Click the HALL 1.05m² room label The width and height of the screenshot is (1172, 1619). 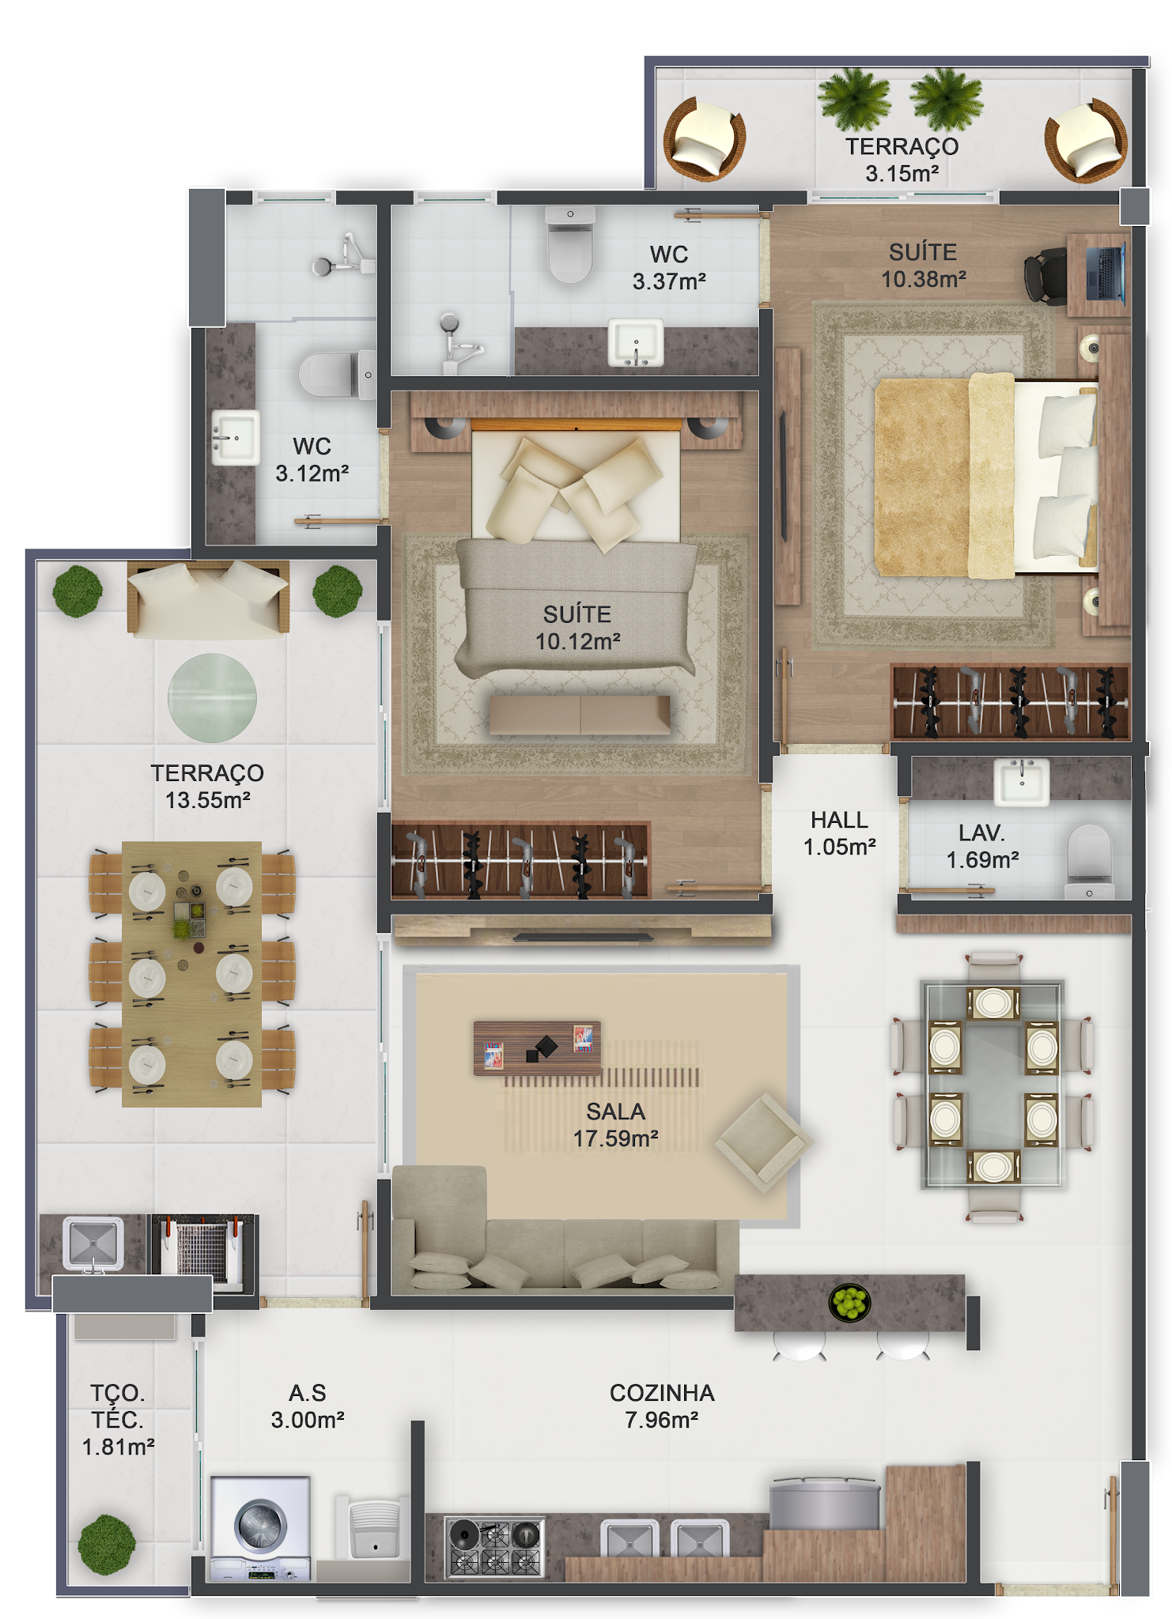point(839,833)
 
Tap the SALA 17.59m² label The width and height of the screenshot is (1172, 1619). point(615,1125)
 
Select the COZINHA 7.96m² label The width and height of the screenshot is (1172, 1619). point(662,1406)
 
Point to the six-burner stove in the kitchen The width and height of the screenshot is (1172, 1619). point(494,1546)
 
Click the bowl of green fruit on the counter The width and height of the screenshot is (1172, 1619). point(849,1301)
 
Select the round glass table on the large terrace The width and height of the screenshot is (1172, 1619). point(212,697)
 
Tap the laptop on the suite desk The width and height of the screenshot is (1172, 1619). point(1106,273)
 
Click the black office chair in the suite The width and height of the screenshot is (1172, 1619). point(1046,276)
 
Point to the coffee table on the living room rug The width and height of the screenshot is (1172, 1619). point(537,1048)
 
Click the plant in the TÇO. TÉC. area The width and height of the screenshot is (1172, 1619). point(107,1543)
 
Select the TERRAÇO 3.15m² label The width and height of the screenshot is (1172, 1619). point(902,160)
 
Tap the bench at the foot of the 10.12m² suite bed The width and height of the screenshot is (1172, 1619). point(580,715)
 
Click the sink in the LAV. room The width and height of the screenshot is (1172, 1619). point(1022,781)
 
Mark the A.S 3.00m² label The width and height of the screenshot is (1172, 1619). point(308,1406)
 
